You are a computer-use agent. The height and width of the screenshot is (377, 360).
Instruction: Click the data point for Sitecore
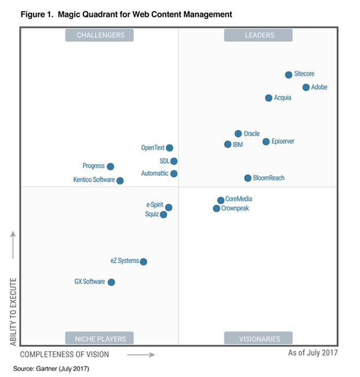pyautogui.click(x=289, y=75)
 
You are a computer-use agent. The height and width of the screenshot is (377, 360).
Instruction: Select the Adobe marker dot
pyautogui.click(x=306, y=88)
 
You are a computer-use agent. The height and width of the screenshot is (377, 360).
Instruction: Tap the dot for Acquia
pyautogui.click(x=268, y=98)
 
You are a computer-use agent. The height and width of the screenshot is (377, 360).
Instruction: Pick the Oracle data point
pyautogui.click(x=238, y=134)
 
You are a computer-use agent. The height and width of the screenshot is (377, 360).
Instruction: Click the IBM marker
pyautogui.click(x=228, y=144)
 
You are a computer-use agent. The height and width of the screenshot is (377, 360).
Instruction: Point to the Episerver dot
pyautogui.click(x=266, y=142)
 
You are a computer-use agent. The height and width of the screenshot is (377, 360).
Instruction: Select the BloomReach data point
pyautogui.click(x=248, y=178)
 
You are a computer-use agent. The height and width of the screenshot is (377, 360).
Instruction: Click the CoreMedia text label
pyautogui.click(x=238, y=199)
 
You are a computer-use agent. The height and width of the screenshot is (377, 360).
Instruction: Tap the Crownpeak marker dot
pyautogui.click(x=216, y=208)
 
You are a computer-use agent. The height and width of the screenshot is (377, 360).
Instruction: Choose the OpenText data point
pyautogui.click(x=169, y=148)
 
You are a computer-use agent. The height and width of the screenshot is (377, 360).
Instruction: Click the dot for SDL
pyautogui.click(x=174, y=161)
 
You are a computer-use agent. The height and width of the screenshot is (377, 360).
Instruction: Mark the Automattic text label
pyautogui.click(x=155, y=173)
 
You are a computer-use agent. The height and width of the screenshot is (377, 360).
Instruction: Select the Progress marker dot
pyautogui.click(x=111, y=166)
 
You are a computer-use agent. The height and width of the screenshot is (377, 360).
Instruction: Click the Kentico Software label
pyautogui.click(x=94, y=180)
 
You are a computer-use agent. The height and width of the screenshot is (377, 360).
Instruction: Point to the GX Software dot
pyautogui.click(x=111, y=282)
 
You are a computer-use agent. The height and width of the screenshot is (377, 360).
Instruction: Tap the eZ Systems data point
pyautogui.click(x=144, y=262)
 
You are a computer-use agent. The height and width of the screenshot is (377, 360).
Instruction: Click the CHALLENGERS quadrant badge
pyautogui.click(x=99, y=35)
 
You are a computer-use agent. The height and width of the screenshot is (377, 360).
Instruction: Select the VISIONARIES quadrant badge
pyautogui.click(x=259, y=339)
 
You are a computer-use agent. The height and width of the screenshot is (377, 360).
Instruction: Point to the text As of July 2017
pyautogui.click(x=312, y=353)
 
